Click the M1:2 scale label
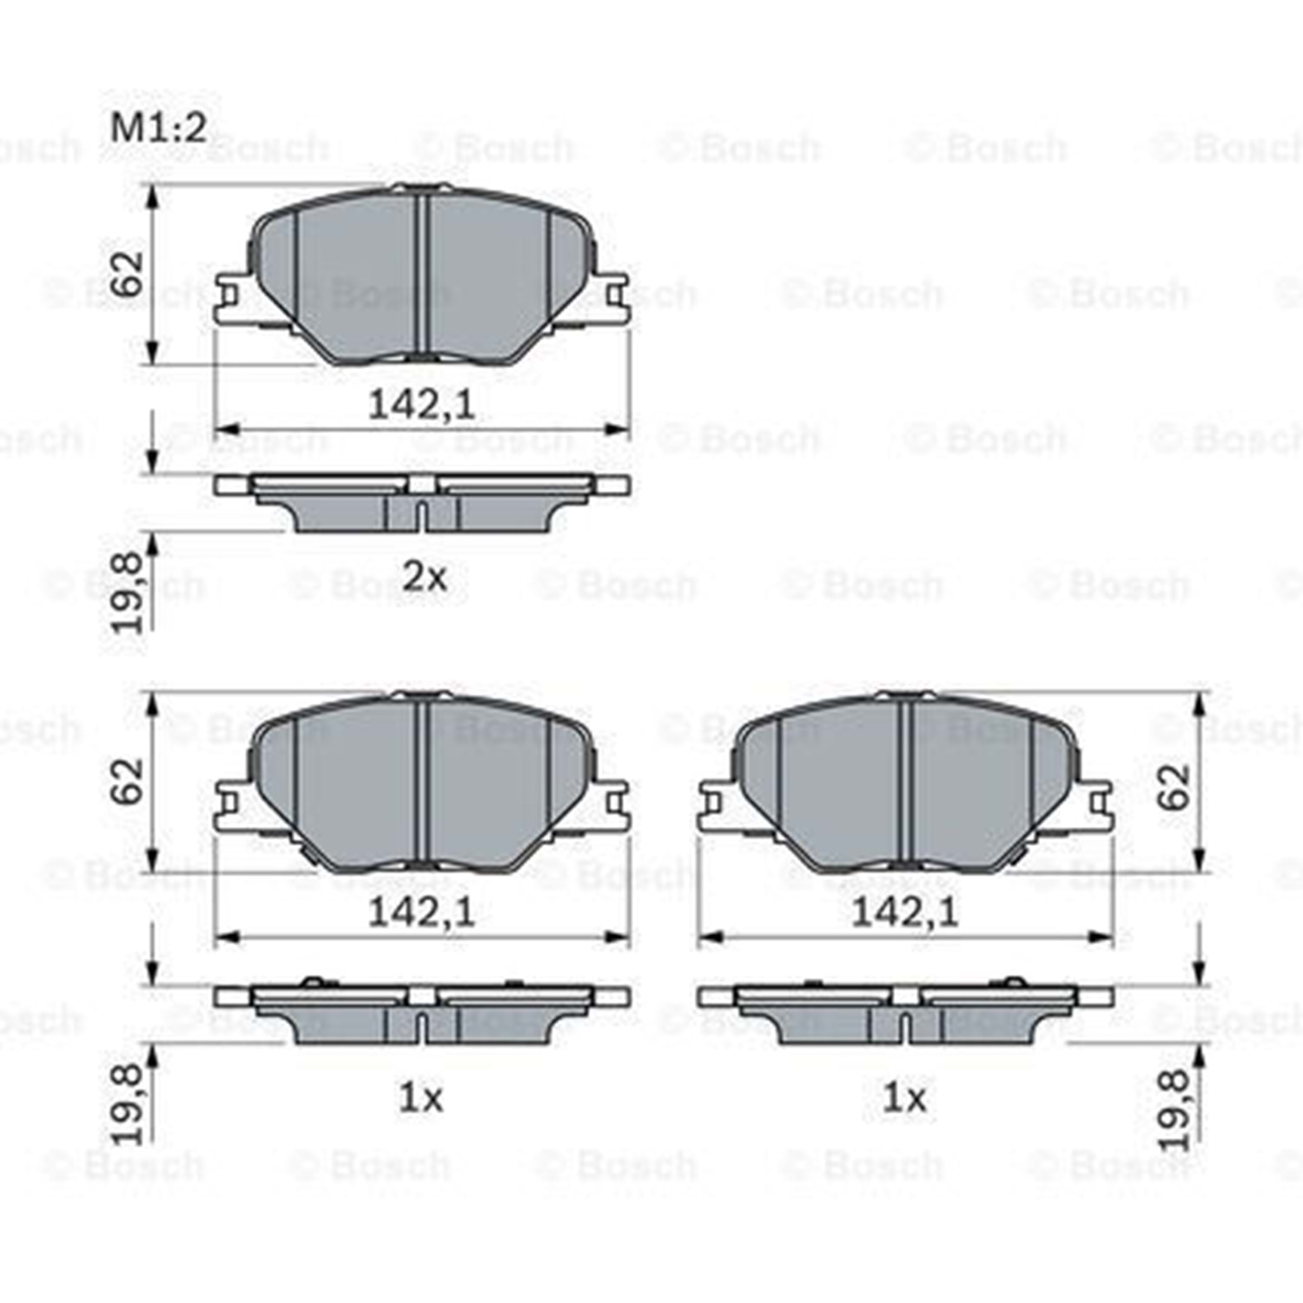click(x=159, y=129)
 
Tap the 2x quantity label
click(x=424, y=576)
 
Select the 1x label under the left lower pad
click(x=421, y=1099)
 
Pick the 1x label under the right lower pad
click(x=904, y=1099)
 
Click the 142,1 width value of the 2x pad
click(x=422, y=405)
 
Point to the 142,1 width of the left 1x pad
click(x=422, y=912)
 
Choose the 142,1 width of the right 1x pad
click(x=905, y=912)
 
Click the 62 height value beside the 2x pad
click(x=128, y=274)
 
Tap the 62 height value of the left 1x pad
click(x=128, y=782)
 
